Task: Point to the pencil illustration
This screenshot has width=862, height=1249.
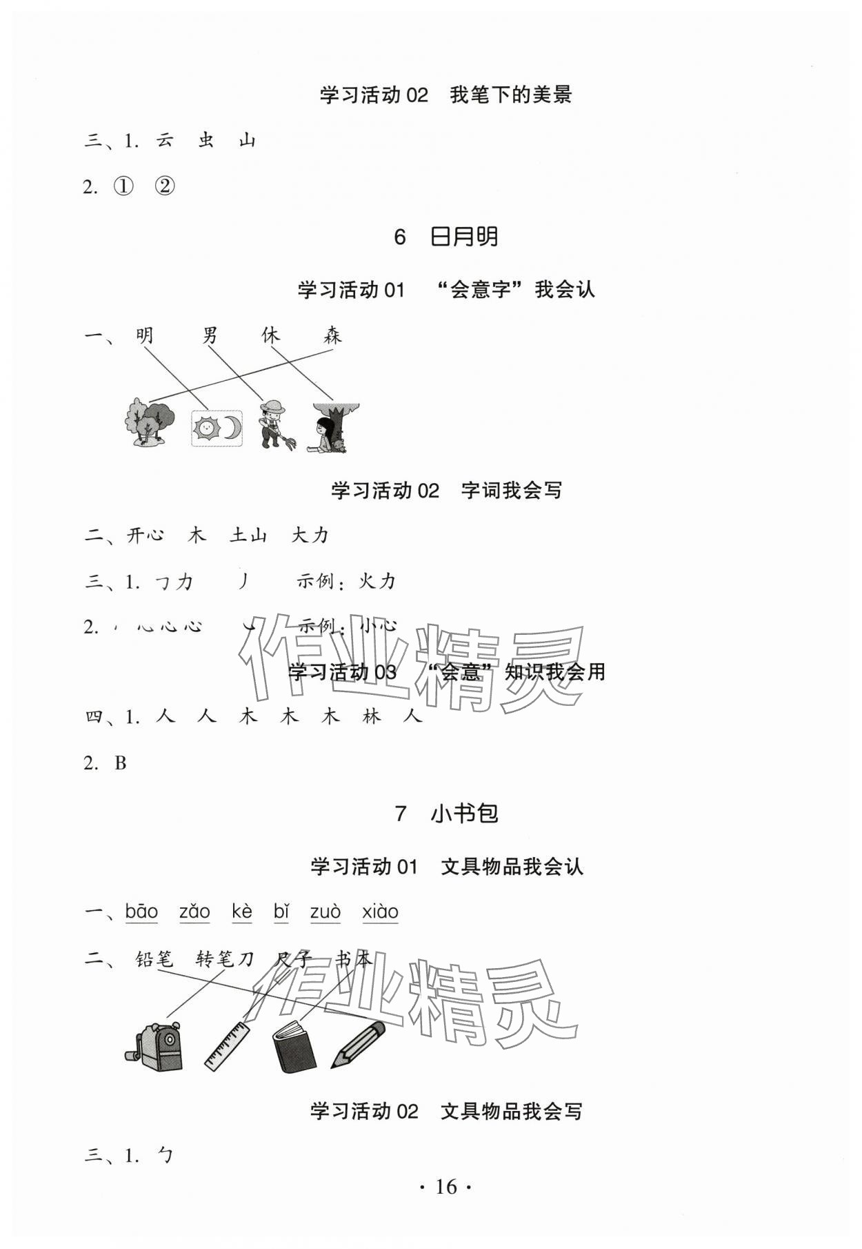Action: [357, 1043]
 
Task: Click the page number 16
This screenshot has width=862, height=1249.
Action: [445, 1186]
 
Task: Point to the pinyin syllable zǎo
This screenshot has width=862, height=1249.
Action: [194, 912]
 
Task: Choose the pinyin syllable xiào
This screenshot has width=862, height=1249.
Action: [380, 912]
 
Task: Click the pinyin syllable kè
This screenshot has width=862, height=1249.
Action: [242, 912]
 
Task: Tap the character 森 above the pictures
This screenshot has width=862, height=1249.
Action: [332, 336]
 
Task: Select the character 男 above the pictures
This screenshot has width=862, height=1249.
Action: [210, 336]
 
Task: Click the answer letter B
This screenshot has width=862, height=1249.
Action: [121, 763]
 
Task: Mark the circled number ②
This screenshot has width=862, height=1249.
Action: [165, 186]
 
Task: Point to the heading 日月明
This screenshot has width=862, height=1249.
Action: [463, 237]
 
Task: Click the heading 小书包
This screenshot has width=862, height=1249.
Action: [464, 814]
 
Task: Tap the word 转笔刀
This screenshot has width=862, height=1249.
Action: [225, 958]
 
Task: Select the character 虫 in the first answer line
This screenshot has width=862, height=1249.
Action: [206, 141]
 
